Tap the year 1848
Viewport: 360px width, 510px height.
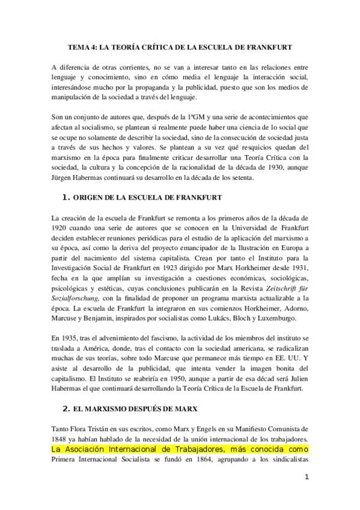click(61, 439)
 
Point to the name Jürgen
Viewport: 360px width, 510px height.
click(65, 177)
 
